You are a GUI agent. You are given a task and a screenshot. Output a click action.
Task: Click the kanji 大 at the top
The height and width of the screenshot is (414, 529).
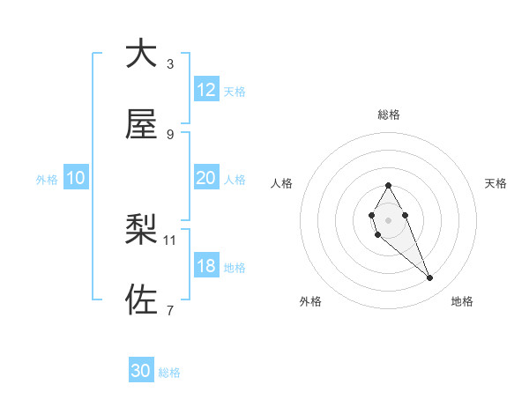pyautogui.click(x=141, y=55)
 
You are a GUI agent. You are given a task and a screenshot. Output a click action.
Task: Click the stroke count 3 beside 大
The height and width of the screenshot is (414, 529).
pyautogui.click(x=170, y=63)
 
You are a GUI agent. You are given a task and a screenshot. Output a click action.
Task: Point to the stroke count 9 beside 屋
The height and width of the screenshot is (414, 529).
pyautogui.click(x=170, y=134)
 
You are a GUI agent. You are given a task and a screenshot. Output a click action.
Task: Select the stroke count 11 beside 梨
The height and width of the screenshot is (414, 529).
pyautogui.click(x=170, y=239)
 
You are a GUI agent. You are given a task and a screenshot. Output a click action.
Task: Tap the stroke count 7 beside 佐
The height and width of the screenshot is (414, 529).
pyautogui.click(x=170, y=309)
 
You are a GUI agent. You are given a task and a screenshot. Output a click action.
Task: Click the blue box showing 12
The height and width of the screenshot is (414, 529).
pyautogui.click(x=206, y=90)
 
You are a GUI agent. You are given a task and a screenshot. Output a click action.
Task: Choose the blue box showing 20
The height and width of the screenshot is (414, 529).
pyautogui.click(x=206, y=178)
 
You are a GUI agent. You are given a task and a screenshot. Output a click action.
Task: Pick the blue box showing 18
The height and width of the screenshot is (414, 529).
pyautogui.click(x=206, y=266)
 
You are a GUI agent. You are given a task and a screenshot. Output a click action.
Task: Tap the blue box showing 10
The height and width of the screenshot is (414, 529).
pyautogui.click(x=76, y=178)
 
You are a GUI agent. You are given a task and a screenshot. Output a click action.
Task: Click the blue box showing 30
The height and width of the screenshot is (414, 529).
pyautogui.click(x=141, y=371)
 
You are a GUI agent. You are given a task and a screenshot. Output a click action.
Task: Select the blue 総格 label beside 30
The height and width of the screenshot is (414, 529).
pyautogui.click(x=169, y=373)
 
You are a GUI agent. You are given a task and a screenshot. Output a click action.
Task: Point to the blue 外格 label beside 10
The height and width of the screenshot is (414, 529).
pyautogui.click(x=47, y=179)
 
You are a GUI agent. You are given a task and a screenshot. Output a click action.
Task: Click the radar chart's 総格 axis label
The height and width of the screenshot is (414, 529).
pyautogui.click(x=389, y=115)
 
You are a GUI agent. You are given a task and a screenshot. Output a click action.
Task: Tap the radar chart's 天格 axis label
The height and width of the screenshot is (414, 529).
pyautogui.click(x=495, y=183)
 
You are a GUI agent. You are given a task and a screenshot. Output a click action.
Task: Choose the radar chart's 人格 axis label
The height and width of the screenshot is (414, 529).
pyautogui.click(x=282, y=183)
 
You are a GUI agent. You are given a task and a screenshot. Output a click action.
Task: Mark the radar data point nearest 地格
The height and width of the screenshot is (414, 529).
pyautogui.click(x=430, y=278)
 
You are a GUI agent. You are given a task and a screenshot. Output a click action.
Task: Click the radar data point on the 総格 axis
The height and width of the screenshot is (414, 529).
pyautogui.click(x=388, y=185)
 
